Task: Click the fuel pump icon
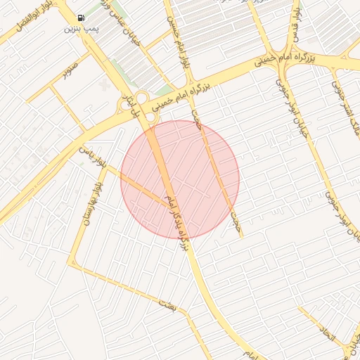pyautogui.click(x=81, y=18)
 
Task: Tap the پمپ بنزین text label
pyautogui.click(x=81, y=29)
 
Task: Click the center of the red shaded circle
pyautogui.click(x=180, y=179)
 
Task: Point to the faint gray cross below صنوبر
pyautogui.click(x=105, y=85)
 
